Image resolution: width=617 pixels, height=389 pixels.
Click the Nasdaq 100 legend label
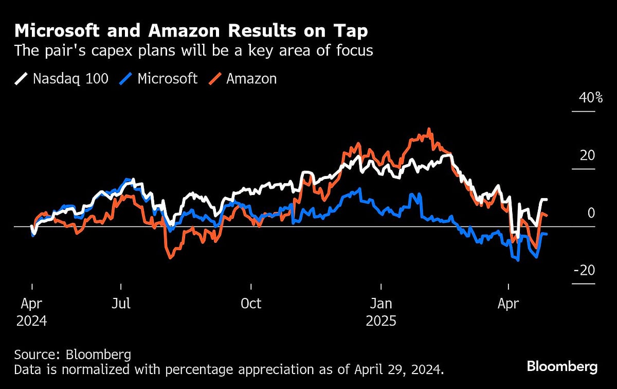tap(70, 79)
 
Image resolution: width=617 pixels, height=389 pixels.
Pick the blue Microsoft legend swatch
tap(126, 79)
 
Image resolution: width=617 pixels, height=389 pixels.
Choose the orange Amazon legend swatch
tap(215, 79)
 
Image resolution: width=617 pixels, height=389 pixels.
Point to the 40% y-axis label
tap(591, 98)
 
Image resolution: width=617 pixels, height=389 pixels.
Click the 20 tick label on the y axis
tap(587, 155)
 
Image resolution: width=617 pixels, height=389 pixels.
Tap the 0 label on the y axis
tap(591, 213)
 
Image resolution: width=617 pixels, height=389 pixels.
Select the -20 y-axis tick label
tap(584, 271)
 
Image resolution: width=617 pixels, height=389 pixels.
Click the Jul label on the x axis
tap(121, 304)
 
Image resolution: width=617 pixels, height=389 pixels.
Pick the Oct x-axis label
tap(251, 304)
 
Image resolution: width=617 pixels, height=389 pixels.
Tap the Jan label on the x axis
tap(381, 304)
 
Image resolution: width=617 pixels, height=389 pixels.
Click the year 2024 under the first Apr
tap(32, 321)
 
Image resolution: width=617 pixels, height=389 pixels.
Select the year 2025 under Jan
tap(381, 321)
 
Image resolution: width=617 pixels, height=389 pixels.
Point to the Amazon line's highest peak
tap(429, 130)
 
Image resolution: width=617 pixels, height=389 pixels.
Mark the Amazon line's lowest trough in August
tap(170, 257)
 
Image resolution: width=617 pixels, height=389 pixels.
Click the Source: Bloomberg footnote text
tap(72, 355)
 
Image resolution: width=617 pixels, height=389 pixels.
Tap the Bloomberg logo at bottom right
tap(562, 367)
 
